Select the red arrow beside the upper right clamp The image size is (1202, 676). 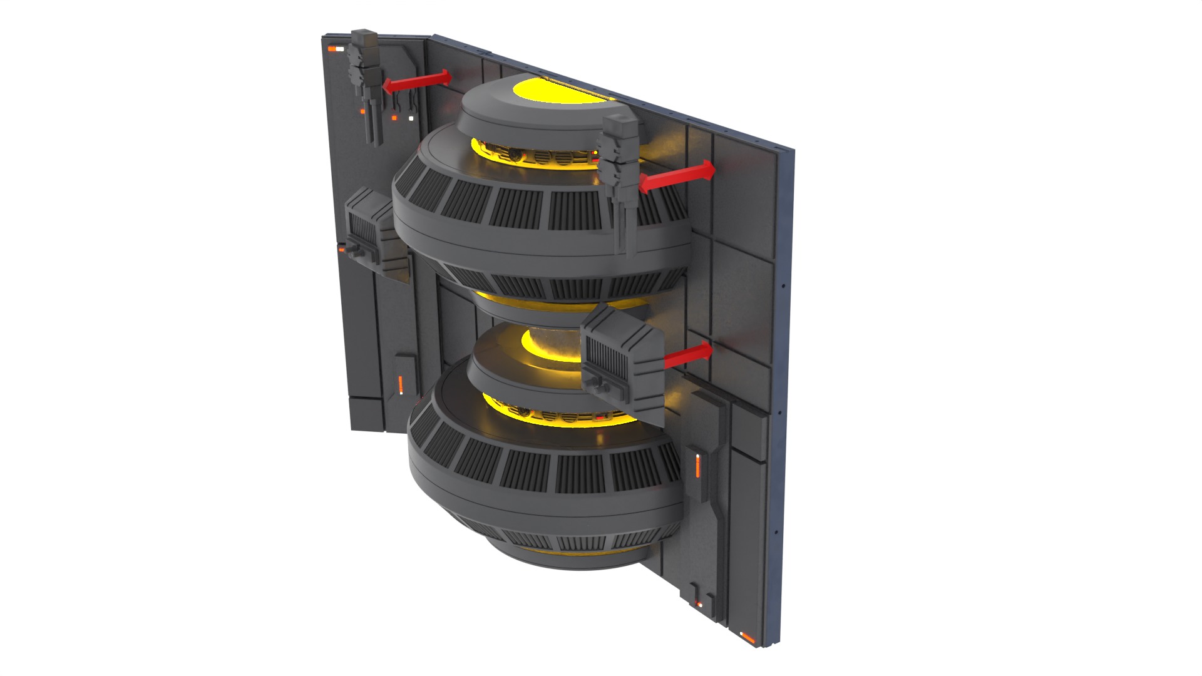click(x=677, y=177)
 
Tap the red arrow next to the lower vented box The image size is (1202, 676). click(x=688, y=356)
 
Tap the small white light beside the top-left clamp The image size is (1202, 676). click(x=411, y=118)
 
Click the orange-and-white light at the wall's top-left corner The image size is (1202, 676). click(x=336, y=48)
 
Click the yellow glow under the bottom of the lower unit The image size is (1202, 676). click(x=551, y=551)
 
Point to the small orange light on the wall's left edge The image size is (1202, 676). click(x=341, y=250)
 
